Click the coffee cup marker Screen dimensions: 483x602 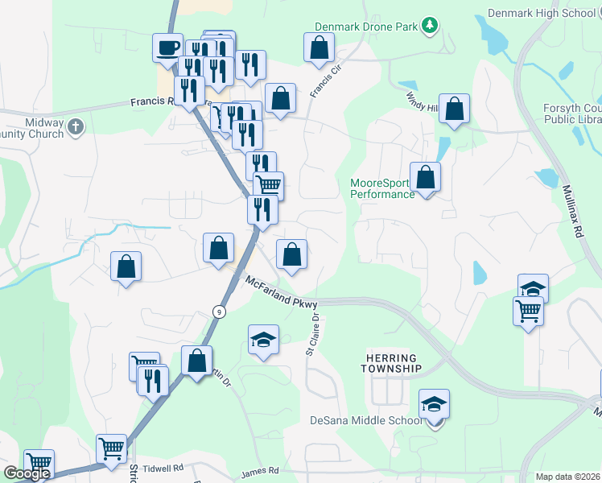point(167,47)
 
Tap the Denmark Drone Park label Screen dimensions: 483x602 point(366,27)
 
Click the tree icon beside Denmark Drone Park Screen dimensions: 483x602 point(431,27)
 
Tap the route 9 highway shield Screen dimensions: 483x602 point(219,311)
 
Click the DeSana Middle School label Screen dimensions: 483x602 point(366,420)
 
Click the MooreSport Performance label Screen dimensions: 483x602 point(381,188)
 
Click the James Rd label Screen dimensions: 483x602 point(260,470)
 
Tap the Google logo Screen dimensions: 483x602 point(27,473)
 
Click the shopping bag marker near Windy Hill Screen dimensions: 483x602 point(454,109)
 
